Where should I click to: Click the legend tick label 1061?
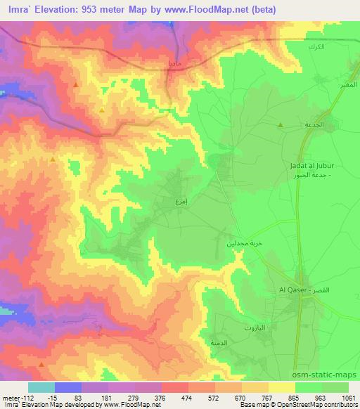(347, 397)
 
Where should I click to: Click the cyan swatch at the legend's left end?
(41, 387)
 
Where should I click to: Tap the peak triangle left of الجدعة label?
(281, 125)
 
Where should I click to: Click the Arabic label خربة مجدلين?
(238, 242)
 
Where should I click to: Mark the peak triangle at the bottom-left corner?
(41, 365)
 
